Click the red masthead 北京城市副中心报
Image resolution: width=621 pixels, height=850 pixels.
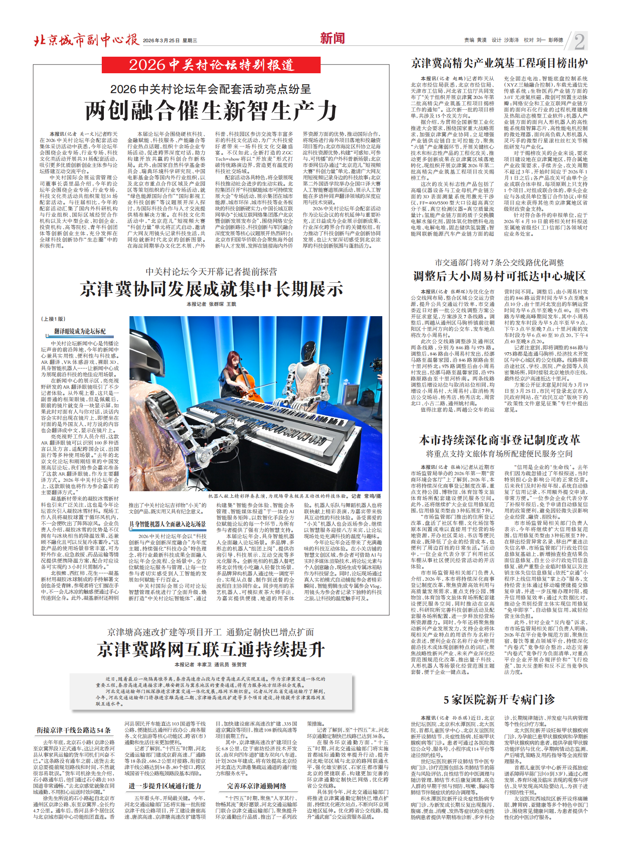coord(86,40)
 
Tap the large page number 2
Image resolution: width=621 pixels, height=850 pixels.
coord(580,41)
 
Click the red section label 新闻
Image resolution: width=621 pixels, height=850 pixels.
coord(332,38)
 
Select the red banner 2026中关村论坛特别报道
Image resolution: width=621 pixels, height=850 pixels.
coord(211,65)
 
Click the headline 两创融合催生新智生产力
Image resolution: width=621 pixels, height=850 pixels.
coord(211,111)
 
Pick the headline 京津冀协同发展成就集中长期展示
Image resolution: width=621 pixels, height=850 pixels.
coord(211,289)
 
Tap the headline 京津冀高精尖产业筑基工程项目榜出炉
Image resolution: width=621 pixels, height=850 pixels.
coord(499,63)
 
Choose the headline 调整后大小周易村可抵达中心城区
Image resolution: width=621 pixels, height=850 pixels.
coord(499,276)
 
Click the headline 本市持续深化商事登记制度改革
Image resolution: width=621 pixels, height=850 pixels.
coord(499,440)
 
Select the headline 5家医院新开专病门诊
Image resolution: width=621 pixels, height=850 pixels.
coord(499,700)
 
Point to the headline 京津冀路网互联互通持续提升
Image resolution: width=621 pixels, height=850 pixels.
coord(211,650)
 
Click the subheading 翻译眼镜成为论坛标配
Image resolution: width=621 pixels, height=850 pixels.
coord(80,331)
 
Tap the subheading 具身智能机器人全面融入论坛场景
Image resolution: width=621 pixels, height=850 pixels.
coord(168,524)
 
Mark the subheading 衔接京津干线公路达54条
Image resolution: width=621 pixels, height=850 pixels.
coord(74,730)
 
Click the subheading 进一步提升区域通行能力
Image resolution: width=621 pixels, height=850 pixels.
coord(165,786)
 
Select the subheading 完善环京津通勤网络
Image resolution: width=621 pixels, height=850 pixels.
coord(257,786)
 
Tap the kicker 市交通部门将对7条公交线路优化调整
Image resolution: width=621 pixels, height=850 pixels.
coord(499,262)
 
